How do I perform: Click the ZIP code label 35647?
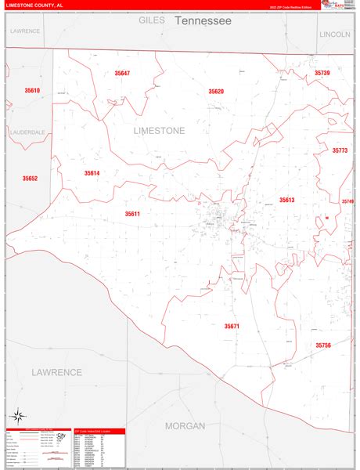point(122,73)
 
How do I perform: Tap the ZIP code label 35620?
point(216,92)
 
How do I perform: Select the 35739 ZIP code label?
point(323,73)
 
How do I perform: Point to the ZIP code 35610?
point(32,91)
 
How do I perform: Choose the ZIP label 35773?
point(340,150)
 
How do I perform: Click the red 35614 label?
point(92,173)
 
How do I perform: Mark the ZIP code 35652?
point(30,179)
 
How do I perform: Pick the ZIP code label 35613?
point(286,201)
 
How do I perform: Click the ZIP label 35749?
point(347,201)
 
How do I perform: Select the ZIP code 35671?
point(232,326)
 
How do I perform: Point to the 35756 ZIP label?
point(323,345)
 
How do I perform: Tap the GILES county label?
point(152,21)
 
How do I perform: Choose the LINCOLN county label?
point(335,34)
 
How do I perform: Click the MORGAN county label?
point(185,426)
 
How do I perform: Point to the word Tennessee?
point(203,21)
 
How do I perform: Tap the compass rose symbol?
point(18,415)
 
